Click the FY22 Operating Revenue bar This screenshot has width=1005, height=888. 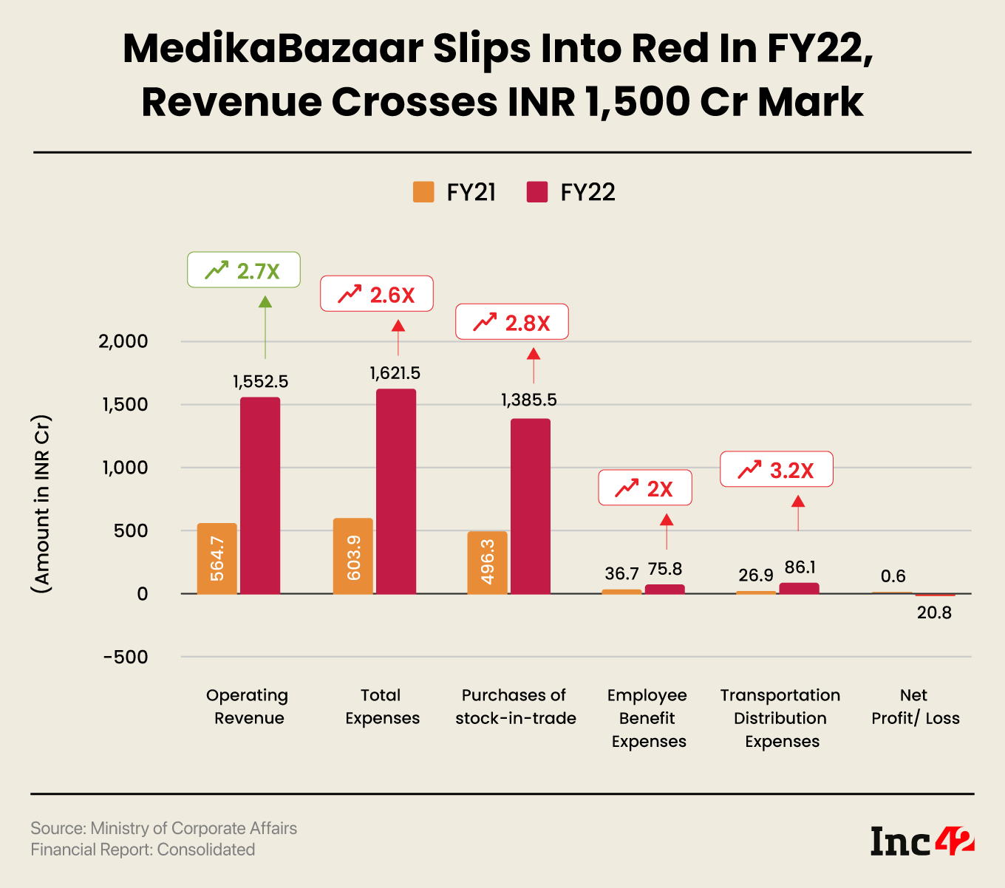260,495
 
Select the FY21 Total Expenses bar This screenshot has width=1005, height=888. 353,556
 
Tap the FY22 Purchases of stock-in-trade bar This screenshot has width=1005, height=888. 531,506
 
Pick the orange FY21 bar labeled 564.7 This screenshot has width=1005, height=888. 217,558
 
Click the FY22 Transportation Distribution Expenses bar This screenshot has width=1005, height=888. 800,588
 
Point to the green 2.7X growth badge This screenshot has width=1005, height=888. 244,270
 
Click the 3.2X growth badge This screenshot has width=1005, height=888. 777,470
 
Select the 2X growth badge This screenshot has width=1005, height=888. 645,488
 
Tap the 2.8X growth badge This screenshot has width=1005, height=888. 512,322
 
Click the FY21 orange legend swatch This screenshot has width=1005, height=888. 423,192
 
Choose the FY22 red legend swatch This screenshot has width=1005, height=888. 537,192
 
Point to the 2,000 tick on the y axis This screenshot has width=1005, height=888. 123,341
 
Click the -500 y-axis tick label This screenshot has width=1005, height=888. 126,657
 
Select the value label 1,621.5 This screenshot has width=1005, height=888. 395,373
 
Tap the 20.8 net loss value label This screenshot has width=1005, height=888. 934,612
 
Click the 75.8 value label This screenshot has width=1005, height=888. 665,569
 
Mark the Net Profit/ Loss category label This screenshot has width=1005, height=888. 915,706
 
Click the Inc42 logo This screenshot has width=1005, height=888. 922,841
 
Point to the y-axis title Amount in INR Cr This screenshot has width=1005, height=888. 41,505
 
